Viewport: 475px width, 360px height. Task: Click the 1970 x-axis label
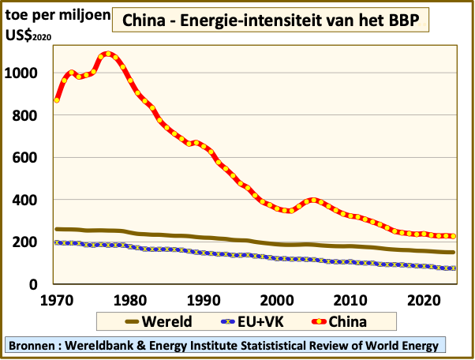57,300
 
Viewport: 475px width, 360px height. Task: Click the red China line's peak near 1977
108,54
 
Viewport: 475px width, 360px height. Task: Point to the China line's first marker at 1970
57,100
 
